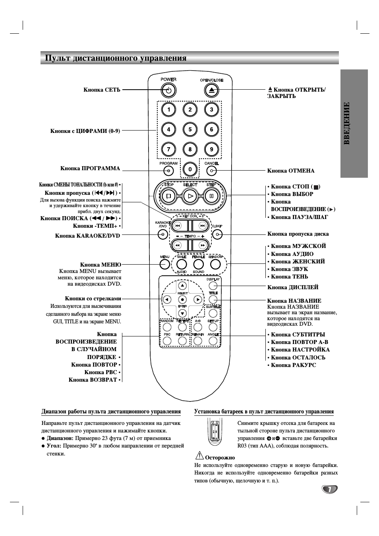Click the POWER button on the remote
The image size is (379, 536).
[168, 90]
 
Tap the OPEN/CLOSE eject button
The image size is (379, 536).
[212, 90]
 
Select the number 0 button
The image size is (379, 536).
[190, 170]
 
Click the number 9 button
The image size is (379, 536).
[211, 149]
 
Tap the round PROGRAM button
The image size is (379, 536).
[168, 171]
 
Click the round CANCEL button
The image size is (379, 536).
[212, 171]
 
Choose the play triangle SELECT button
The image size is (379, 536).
[190, 196]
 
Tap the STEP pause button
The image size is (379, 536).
[211, 196]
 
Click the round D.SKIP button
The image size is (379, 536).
[217, 234]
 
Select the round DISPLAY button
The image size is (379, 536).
[213, 286]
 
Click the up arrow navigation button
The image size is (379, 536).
[182, 285]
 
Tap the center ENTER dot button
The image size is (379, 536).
[182, 300]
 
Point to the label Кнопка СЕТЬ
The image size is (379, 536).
[102, 90]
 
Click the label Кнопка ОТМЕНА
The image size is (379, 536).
[291, 171]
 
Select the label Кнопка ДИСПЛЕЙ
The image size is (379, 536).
[293, 288]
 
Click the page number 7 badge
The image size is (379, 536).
[329, 490]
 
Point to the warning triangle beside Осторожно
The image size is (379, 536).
[199, 456]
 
